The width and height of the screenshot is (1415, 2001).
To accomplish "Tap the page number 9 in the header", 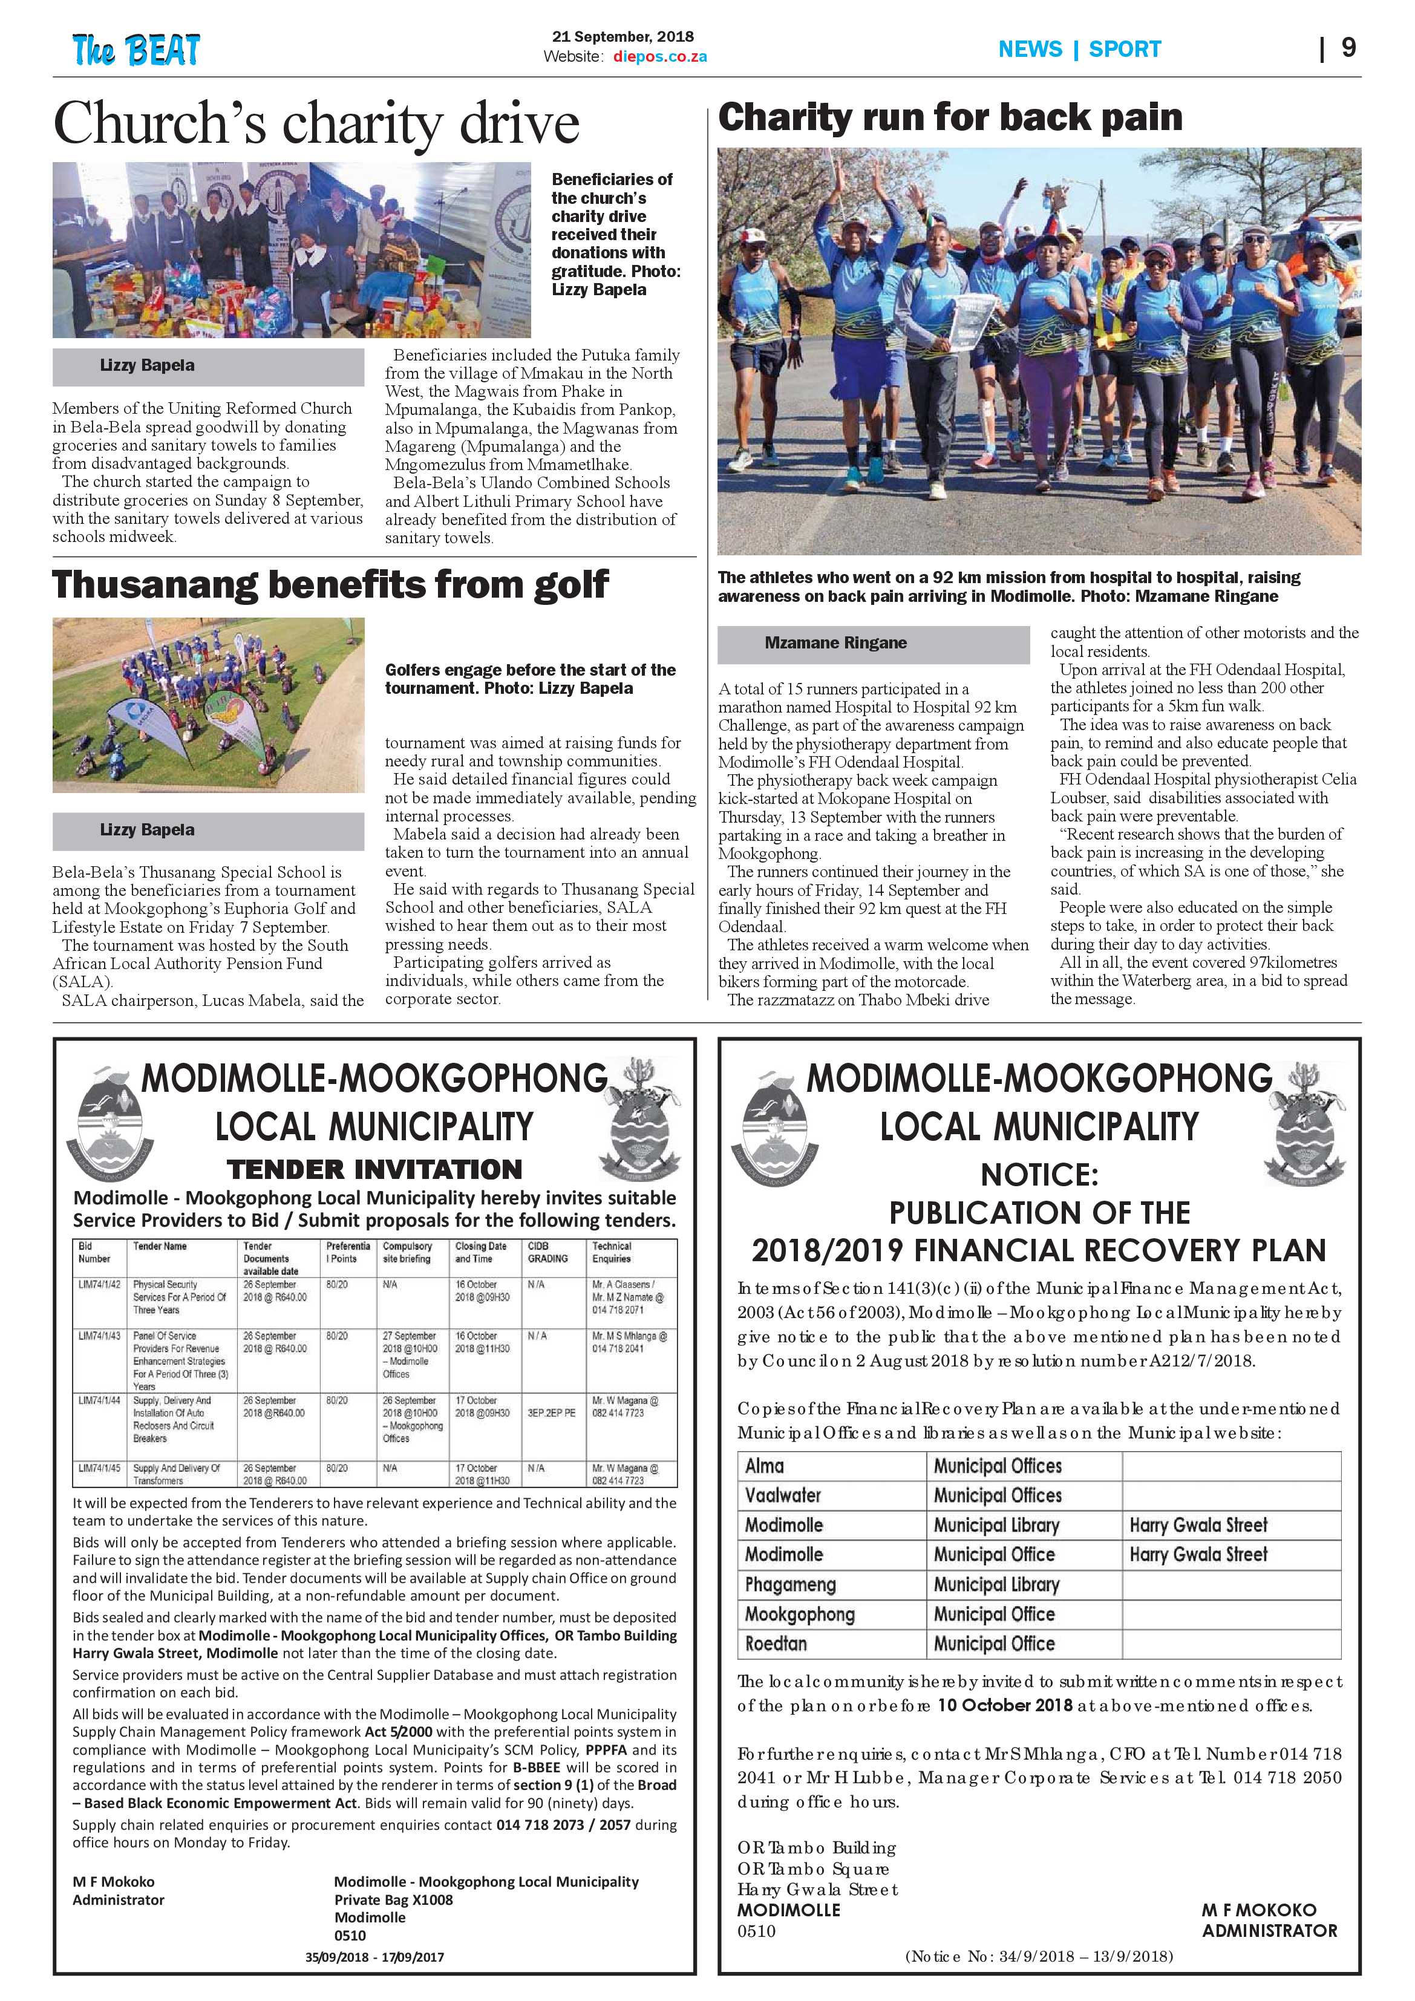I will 1348,47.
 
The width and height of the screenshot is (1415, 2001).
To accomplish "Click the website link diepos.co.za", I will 659,57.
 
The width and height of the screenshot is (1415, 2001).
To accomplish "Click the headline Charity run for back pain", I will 949,117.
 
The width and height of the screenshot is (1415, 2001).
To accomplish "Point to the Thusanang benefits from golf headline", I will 330,585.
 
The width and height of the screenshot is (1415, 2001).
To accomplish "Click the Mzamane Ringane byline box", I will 873,643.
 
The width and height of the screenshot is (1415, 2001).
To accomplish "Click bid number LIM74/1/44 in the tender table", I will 99,1400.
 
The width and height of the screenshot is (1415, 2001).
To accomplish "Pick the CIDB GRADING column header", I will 547,1252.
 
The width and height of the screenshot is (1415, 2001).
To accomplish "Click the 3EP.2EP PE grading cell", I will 551,1412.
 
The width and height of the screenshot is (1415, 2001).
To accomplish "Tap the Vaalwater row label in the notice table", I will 783,1495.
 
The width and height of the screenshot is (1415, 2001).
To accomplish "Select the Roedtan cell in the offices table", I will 776,1644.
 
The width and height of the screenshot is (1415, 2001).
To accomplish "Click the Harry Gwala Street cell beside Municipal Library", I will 1198,1525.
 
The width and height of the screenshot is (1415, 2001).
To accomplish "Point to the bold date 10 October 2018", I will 1004,1706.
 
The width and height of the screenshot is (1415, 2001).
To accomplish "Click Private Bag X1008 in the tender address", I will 393,1900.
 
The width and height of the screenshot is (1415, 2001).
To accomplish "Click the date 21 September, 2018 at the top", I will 623,37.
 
